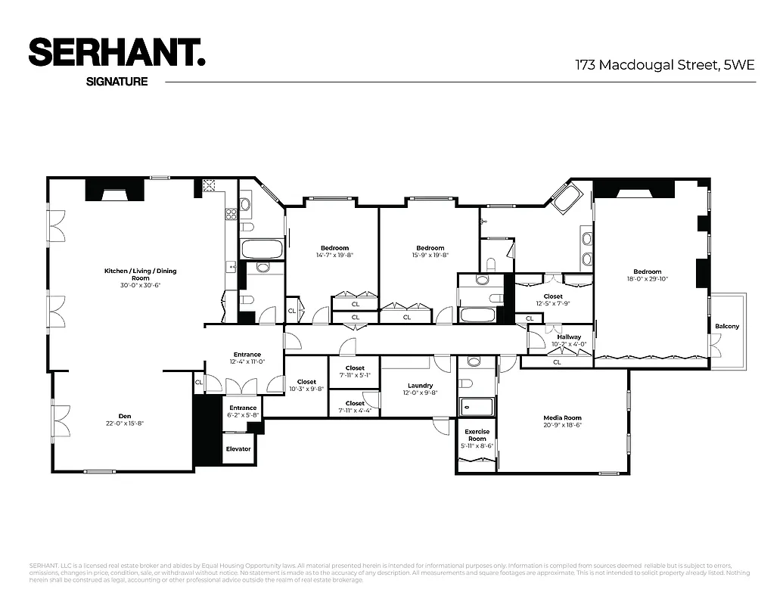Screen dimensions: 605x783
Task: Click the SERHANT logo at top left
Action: click(117, 53)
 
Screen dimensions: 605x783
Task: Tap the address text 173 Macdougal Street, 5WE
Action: click(665, 65)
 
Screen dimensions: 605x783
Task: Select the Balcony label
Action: click(727, 327)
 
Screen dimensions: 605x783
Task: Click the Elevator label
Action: click(238, 448)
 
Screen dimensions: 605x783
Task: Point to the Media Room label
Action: click(562, 417)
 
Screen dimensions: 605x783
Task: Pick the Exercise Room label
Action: click(477, 435)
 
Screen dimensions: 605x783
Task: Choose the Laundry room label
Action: click(420, 385)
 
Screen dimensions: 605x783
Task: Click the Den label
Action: click(125, 415)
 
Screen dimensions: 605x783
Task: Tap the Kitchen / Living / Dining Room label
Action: click(140, 274)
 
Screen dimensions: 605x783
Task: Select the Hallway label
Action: click(569, 337)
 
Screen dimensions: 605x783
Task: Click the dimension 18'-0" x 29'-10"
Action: click(647, 279)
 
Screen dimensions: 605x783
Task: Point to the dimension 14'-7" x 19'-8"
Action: click(334, 255)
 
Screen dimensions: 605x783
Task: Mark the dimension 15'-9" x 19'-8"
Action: click(430, 255)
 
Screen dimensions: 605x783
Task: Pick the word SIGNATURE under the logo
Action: click(117, 82)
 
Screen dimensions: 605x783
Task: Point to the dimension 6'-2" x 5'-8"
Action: click(243, 415)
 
